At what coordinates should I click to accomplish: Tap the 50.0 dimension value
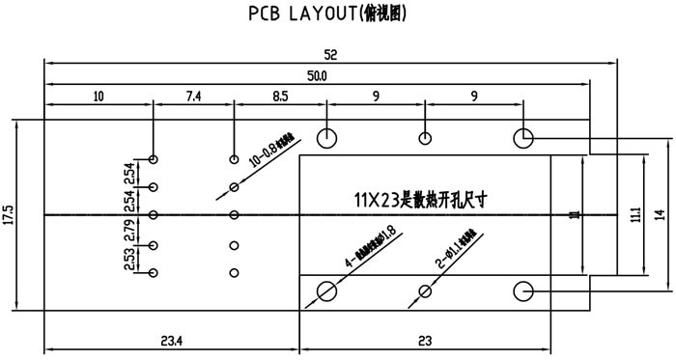(317, 75)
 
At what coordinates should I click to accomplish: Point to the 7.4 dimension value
(193, 97)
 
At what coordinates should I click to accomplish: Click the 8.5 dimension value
(280, 97)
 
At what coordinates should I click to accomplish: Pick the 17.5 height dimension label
(9, 214)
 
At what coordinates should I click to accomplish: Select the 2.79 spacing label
(129, 232)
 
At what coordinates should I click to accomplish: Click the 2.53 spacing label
(129, 260)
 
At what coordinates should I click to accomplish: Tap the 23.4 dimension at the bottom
(173, 339)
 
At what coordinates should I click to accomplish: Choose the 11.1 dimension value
(634, 214)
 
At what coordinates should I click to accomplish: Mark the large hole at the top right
(523, 137)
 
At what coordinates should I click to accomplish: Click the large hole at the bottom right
(523, 291)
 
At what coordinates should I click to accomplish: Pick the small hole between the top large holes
(425, 137)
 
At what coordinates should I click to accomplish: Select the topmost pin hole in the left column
(154, 158)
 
